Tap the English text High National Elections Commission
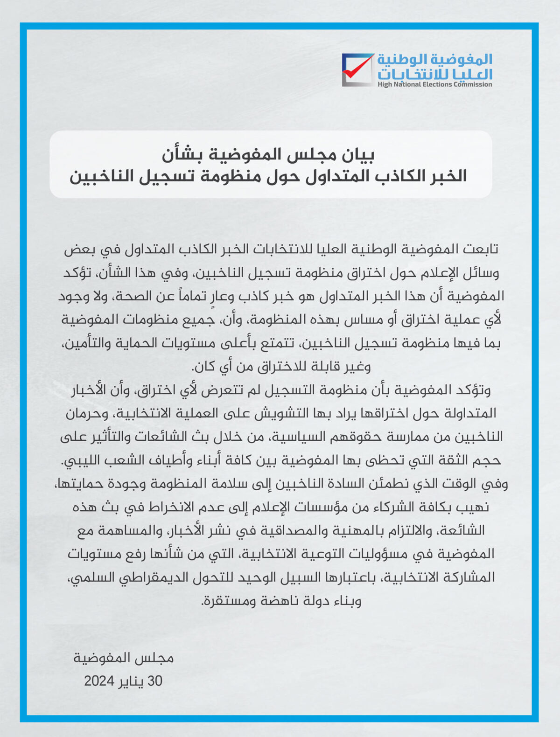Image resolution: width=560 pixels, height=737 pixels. (434, 84)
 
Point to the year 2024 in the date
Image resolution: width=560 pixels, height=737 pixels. (99, 681)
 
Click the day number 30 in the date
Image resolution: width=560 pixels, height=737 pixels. (154, 681)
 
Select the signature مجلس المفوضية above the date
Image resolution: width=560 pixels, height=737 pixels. (124, 658)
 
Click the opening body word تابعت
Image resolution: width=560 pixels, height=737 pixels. (481, 249)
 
